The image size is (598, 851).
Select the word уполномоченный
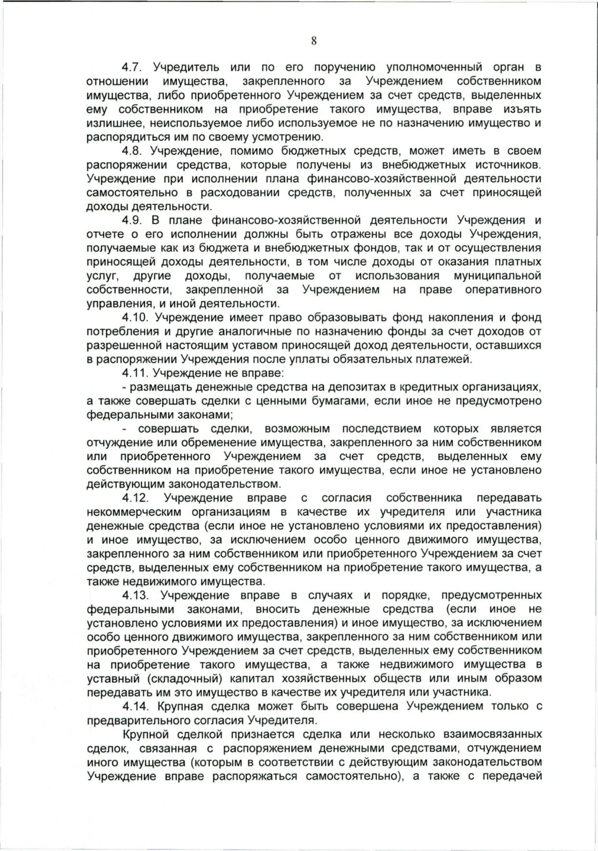point(434,68)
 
